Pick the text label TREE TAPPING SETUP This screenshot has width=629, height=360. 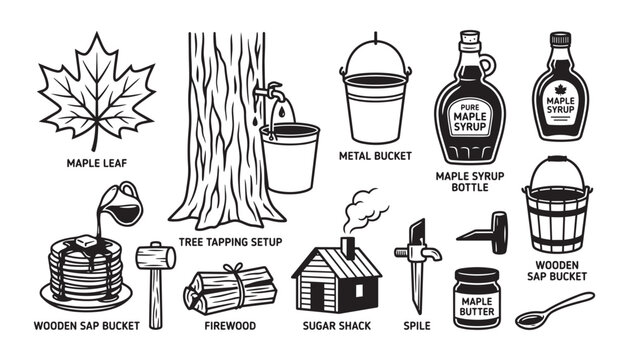pyautogui.click(x=230, y=242)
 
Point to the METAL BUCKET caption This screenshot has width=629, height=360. pyautogui.click(x=376, y=155)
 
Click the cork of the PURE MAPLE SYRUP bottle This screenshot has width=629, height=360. pyautogui.click(x=467, y=38)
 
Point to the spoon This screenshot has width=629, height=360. pyautogui.click(x=556, y=310)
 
